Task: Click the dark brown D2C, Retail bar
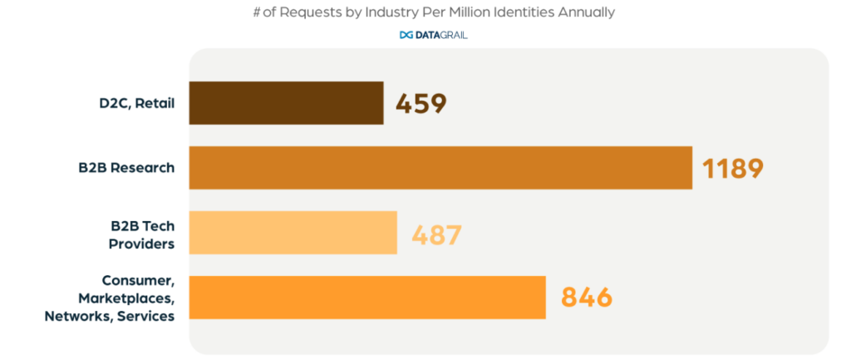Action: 286,103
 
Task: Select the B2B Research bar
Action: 440,168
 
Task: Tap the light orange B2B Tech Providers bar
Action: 293,233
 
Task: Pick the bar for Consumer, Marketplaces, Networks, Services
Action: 367,298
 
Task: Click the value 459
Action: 421,104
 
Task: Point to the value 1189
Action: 732,169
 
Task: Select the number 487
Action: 436,234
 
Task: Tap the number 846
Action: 587,298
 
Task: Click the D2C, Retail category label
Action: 132,104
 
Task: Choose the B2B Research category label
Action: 121,168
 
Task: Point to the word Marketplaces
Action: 126,298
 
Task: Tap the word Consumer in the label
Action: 138,280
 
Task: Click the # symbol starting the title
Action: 258,12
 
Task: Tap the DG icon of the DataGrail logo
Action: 406,35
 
